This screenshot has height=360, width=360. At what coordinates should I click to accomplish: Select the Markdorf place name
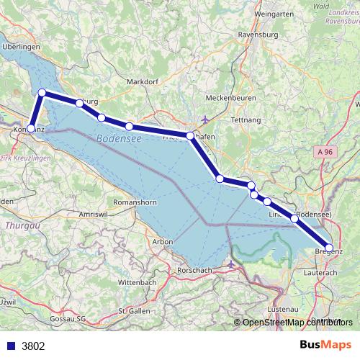tap(141, 82)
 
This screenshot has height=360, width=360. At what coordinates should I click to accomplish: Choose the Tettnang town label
tap(246, 120)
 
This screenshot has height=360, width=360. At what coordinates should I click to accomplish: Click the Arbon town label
tap(161, 242)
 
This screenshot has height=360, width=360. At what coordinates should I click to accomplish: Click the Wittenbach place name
tap(137, 282)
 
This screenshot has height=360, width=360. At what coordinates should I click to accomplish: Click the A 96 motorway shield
tap(325, 152)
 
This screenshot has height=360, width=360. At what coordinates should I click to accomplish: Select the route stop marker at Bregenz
tap(330, 248)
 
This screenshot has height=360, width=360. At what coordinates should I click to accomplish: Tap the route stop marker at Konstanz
tap(30, 129)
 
